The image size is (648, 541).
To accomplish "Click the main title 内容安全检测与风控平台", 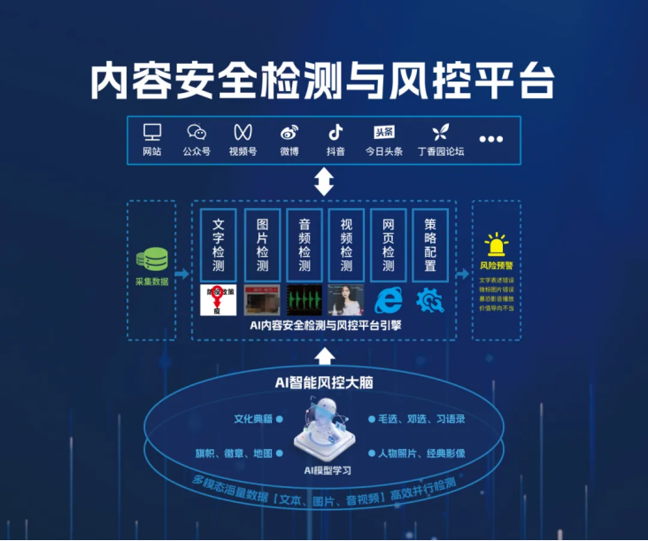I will click(x=323, y=81).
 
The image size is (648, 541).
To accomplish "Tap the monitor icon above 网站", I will click(x=152, y=132).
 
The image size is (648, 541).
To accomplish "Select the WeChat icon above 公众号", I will click(x=197, y=132).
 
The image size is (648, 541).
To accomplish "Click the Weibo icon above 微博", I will click(x=289, y=133).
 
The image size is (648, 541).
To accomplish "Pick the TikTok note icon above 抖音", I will click(x=336, y=132).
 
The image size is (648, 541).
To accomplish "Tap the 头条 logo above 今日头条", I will click(x=384, y=132).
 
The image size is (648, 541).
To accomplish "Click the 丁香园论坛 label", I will click(x=441, y=151).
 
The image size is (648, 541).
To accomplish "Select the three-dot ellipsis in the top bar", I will click(x=490, y=139).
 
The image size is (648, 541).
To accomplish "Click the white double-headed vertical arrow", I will click(x=325, y=182).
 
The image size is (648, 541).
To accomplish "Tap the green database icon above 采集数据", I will click(x=151, y=260).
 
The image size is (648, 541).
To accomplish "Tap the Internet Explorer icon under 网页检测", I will click(x=389, y=300).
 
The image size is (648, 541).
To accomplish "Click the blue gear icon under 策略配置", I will click(x=431, y=300).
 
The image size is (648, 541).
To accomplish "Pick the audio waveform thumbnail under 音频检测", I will click(x=304, y=300).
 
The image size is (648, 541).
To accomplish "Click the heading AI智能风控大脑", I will click(x=323, y=382).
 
